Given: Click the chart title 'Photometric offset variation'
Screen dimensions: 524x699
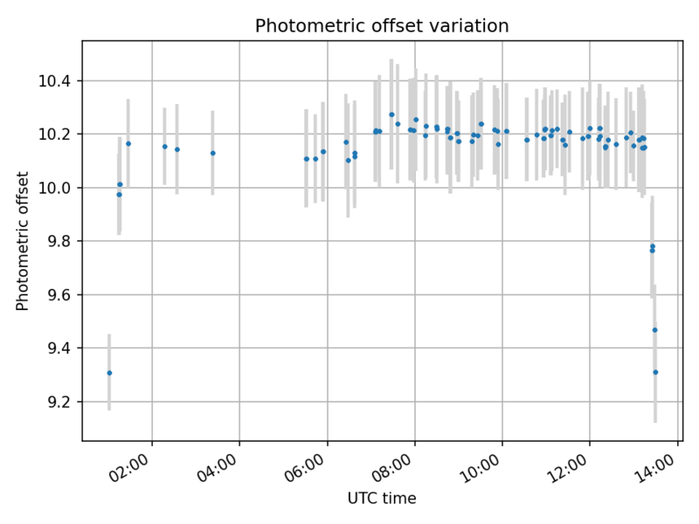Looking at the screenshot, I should pos(382,26).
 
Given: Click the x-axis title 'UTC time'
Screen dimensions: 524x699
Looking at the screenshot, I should pos(382,499).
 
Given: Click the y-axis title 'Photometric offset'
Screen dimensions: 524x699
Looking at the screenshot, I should pos(23,240).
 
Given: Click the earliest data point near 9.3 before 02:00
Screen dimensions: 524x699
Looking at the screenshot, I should pos(109,373).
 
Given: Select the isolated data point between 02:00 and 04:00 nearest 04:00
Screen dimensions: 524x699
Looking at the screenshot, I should pos(212,153).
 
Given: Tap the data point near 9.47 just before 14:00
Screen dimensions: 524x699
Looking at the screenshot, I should pos(654,330).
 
